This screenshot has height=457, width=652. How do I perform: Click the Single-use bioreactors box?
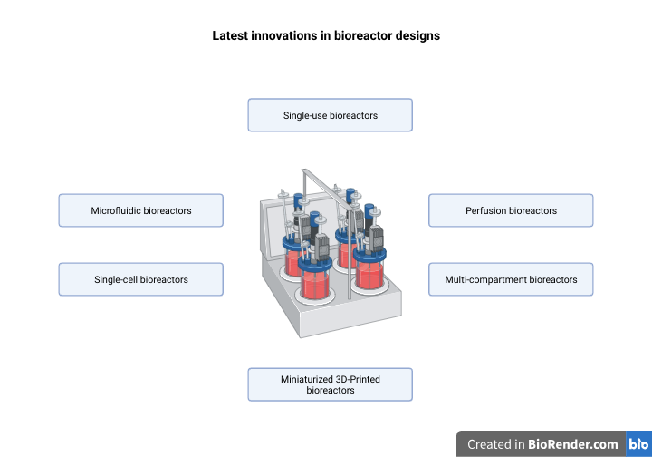pos(331,115)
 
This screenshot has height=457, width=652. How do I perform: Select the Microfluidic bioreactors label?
pos(140,210)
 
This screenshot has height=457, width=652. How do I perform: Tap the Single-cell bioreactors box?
pos(140,279)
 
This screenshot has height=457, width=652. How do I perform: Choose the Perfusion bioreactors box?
pos(511,210)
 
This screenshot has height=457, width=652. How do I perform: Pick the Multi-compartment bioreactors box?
pos(511,279)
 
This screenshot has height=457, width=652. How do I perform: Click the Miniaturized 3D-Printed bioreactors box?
pos(331,384)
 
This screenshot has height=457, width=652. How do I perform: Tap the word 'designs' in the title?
pos(417,36)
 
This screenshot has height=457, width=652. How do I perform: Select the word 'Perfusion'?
pos(486,210)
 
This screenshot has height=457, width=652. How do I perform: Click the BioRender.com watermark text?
pos(574,444)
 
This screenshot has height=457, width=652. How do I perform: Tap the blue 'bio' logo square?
pos(638,444)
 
